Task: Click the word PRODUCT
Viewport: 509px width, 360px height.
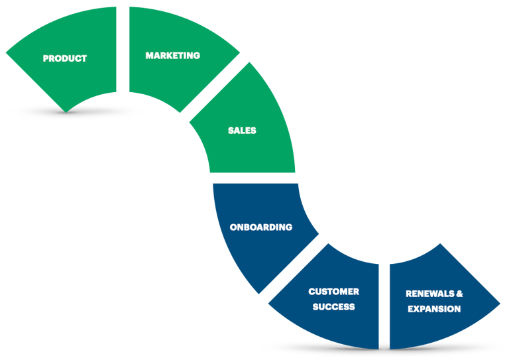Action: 65,58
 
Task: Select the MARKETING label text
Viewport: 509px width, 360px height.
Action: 172,56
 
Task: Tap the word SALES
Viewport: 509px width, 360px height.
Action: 242,131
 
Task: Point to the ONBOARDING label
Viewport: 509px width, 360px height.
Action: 261,227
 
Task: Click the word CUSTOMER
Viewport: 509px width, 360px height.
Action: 334,292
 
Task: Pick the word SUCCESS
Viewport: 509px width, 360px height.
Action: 334,307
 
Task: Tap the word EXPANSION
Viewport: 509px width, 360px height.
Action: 434,309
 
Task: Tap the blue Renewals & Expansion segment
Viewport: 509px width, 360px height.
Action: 437,328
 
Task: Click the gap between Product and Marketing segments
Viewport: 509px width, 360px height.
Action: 123,50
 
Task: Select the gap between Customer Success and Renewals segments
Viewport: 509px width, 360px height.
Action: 384,305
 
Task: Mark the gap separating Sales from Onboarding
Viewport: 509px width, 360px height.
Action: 252,178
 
